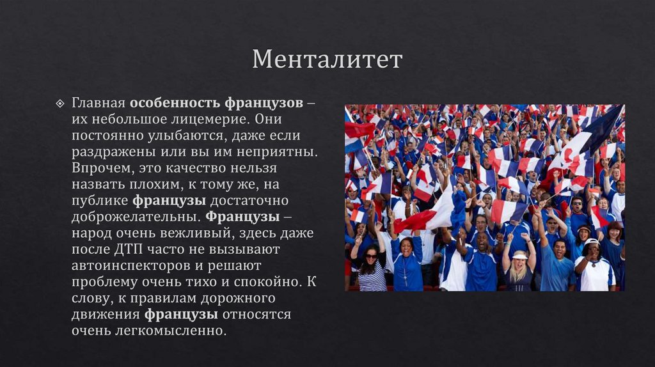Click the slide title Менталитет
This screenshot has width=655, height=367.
(327, 59)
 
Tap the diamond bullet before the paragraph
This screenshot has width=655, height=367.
(61, 104)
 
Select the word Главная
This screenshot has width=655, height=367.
(99, 103)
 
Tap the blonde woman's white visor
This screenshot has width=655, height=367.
(519, 254)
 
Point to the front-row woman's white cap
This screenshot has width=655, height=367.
(591, 243)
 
